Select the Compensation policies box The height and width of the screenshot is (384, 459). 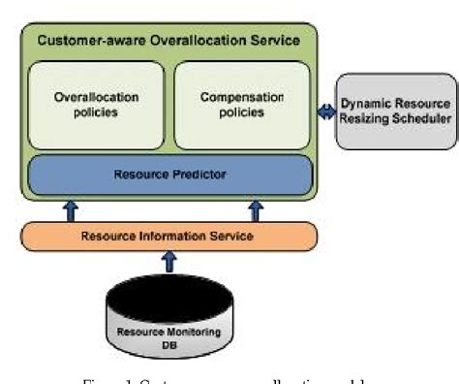(242, 105)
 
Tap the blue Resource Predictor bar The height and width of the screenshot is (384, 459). (169, 175)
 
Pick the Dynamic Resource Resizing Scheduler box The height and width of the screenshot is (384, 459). (395, 112)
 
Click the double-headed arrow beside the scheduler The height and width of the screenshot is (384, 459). (326, 112)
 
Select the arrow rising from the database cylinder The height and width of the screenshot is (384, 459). (169, 263)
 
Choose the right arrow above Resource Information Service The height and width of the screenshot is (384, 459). (257, 210)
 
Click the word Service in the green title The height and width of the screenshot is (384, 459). (275, 41)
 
